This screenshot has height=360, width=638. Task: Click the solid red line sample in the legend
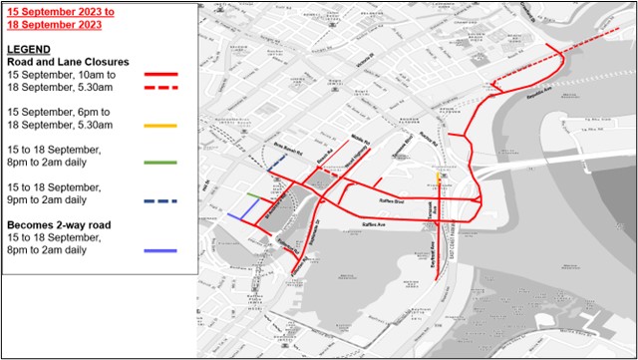point(161,74)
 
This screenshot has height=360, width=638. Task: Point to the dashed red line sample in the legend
point(161,87)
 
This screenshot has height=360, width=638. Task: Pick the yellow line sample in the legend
point(161,127)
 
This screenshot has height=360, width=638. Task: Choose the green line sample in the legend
point(161,162)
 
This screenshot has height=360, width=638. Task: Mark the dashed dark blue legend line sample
point(161,201)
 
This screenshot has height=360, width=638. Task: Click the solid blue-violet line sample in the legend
point(161,249)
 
